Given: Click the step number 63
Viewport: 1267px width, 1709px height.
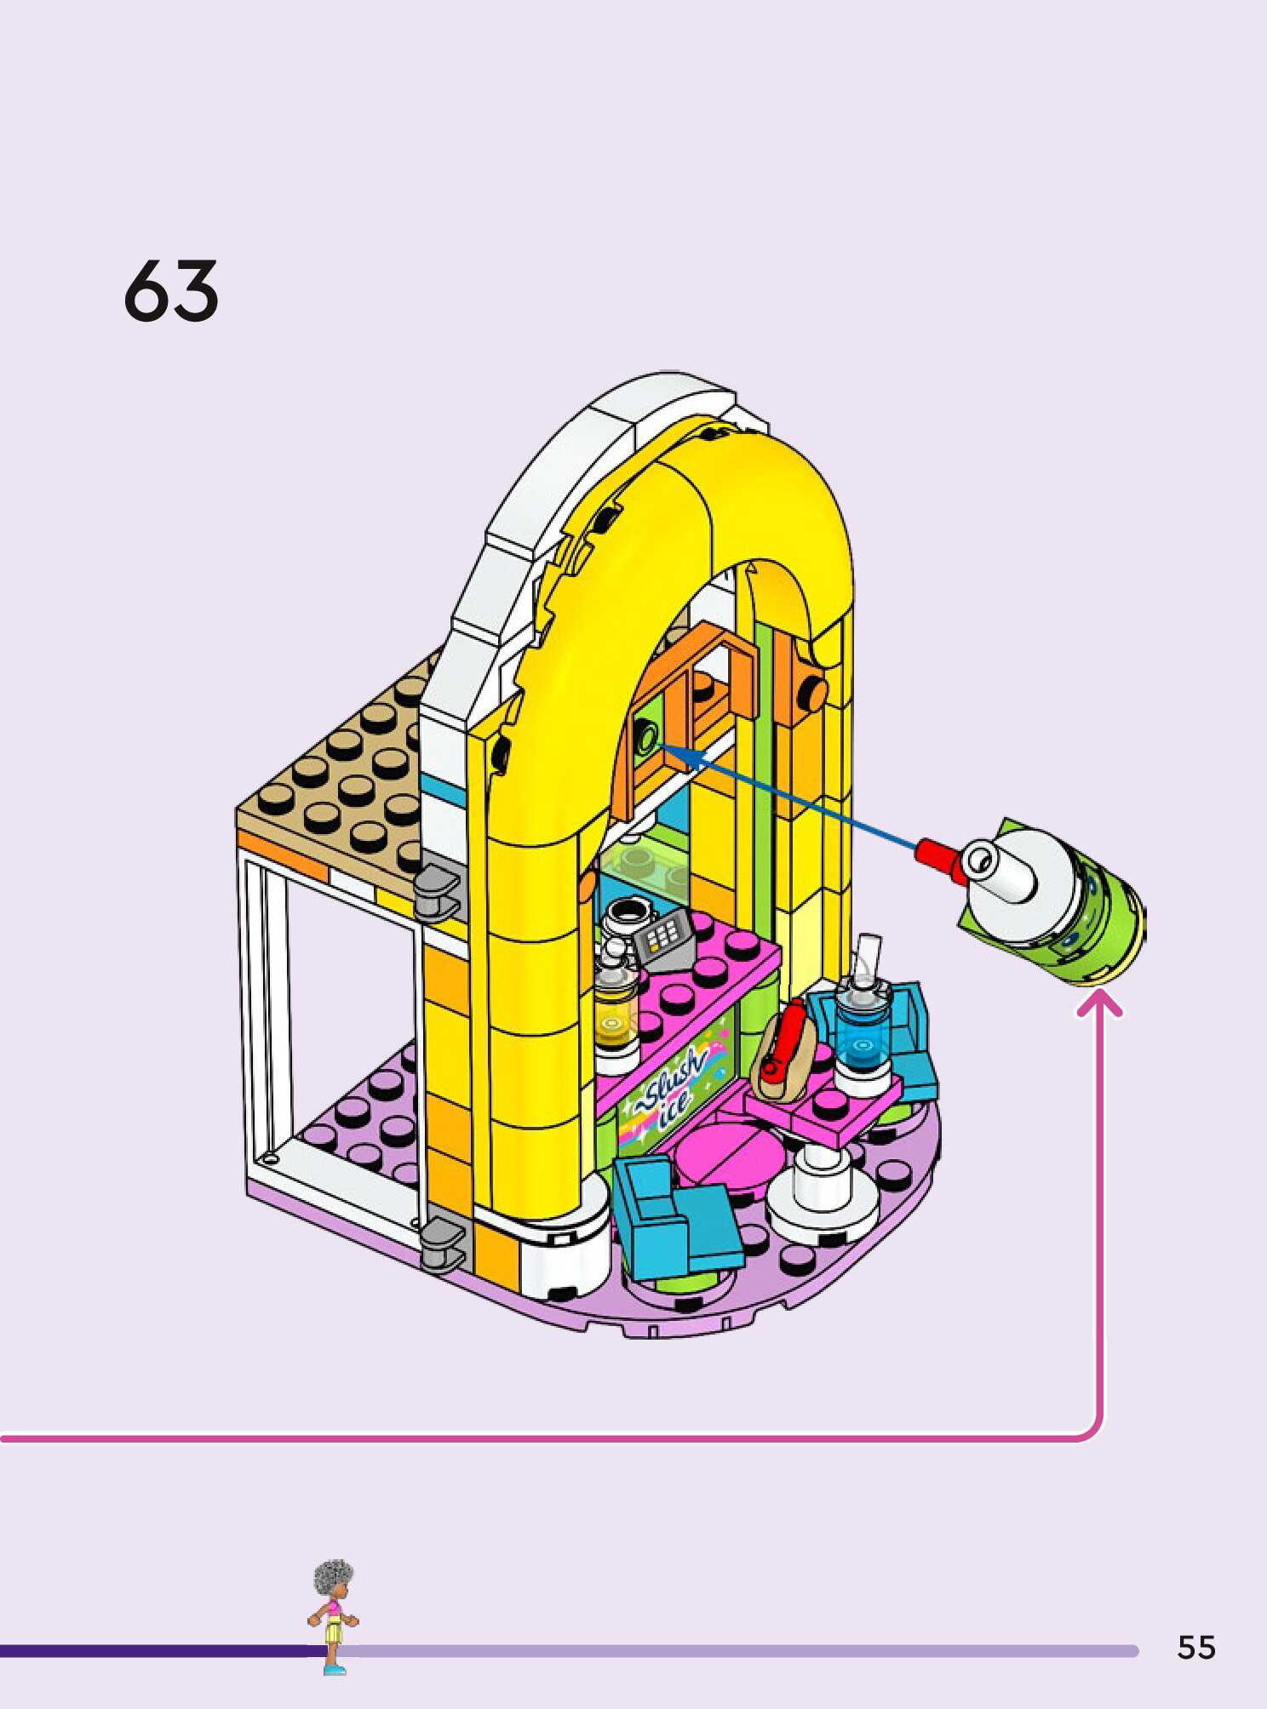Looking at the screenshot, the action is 171,291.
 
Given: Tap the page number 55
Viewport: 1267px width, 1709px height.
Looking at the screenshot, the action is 1196,1648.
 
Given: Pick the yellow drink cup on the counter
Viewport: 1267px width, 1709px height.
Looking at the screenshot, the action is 615,1009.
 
